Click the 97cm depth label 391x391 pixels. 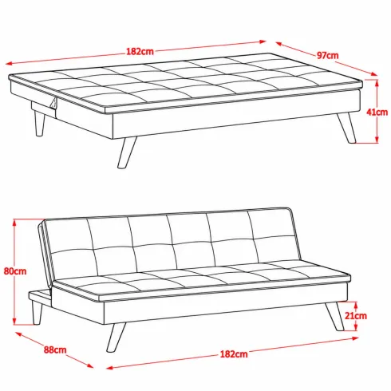coord(327,55)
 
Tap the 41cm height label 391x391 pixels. coord(377,112)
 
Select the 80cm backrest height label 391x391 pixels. coord(15,271)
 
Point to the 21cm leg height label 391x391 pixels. coord(356,316)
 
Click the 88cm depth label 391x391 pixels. coord(55,350)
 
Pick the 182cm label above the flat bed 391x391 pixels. coord(140,51)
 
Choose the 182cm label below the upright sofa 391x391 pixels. coord(234,354)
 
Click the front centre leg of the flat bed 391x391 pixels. coord(127,152)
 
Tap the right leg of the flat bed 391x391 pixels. coord(346,128)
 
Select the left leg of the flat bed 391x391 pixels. coord(39,124)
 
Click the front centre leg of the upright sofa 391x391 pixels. coord(116,338)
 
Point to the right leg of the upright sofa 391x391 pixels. coord(334,317)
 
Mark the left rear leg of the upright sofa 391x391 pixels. coord(37,313)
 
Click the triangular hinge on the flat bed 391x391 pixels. coord(54,103)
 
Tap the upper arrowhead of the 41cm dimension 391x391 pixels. coord(377,83)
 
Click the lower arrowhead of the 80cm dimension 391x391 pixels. coord(15,321)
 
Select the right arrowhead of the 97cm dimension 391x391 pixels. coord(373,74)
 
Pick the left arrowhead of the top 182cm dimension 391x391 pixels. coord(9,64)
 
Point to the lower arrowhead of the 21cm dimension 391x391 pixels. coord(356,327)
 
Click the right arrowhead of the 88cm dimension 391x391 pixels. coord(89,366)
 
